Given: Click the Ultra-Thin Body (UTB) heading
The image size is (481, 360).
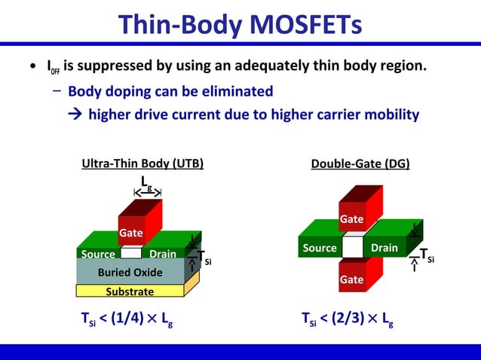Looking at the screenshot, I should [142, 163].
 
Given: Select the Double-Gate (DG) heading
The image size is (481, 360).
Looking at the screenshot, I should [360, 163].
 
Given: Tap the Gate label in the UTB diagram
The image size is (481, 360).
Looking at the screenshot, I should [130, 233].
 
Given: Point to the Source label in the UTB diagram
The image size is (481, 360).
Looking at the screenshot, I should [98, 255].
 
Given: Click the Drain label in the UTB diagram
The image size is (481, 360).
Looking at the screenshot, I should [162, 255].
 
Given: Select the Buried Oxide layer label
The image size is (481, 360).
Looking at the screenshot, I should [130, 272].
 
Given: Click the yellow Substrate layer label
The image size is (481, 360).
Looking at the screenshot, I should [130, 291].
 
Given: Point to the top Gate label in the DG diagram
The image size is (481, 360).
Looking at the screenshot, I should [351, 219].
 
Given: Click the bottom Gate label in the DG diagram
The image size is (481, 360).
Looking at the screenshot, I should [351, 279].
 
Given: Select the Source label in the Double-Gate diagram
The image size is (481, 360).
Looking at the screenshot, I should [320, 248].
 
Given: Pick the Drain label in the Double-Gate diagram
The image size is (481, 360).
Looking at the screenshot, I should [384, 248].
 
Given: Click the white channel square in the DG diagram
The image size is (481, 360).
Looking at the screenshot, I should [352, 246].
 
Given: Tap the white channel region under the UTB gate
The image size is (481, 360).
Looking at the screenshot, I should [130, 253].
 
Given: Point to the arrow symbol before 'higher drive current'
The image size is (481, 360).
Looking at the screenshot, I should [75, 115].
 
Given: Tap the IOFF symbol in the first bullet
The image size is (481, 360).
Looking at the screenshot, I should [53, 69].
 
